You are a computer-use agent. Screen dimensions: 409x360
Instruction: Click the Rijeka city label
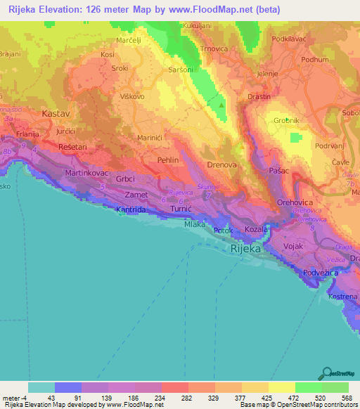click(245, 249)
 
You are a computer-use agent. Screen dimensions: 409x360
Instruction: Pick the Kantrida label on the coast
click(132, 209)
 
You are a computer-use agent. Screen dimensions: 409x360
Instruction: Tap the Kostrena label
click(343, 298)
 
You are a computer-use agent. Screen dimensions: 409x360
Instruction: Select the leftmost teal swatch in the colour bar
click(41, 387)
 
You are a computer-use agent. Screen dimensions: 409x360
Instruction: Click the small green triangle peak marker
click(223, 106)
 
